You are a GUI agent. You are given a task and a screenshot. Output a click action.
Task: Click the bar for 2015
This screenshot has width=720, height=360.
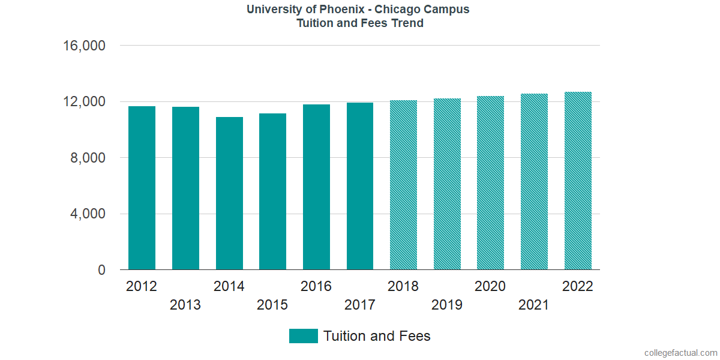pos(272,191)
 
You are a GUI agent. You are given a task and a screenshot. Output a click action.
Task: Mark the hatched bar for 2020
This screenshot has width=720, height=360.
pos(490,183)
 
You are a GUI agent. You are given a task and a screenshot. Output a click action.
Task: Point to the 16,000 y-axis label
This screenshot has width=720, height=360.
pos(85,46)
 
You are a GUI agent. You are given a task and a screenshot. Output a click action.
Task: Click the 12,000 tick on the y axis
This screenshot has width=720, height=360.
pos(85,101)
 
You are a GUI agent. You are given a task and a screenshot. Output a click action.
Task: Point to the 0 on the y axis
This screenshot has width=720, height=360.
pos(102,270)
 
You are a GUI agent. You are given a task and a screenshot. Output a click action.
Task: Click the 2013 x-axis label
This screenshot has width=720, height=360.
pos(185,305)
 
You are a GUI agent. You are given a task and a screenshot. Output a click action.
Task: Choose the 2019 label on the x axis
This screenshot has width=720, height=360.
pos(447,305)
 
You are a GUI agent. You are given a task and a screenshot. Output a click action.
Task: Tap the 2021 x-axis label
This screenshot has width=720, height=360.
pos(534,305)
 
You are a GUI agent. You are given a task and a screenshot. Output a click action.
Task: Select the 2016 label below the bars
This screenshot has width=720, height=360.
pos(316,286)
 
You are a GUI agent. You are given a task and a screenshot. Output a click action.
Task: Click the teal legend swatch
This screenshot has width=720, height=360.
pos(303,336)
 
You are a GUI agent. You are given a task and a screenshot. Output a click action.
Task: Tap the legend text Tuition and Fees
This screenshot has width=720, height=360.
pos(377,336)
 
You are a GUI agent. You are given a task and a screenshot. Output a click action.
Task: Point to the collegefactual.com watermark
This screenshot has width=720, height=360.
pos(680,353)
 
